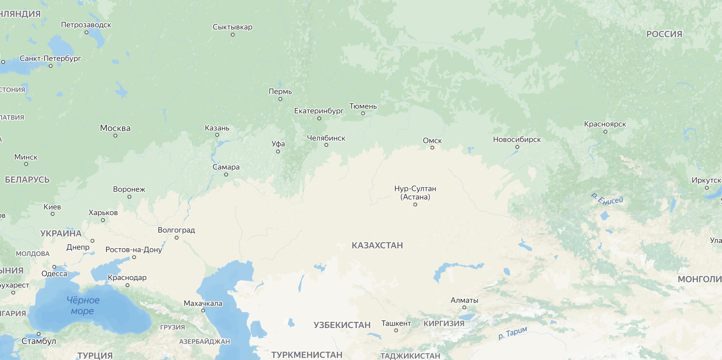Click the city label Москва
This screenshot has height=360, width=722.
(115, 128)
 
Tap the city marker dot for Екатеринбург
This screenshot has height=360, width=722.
(319, 118)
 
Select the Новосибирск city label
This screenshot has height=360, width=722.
(517, 139)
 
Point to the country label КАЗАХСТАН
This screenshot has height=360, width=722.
(377, 245)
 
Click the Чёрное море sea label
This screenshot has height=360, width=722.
(83, 305)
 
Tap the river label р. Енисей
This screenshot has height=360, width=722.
(607, 199)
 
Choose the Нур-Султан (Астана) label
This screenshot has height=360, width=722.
(415, 192)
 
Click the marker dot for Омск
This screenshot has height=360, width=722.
(432, 148)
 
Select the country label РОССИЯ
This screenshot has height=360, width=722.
(664, 34)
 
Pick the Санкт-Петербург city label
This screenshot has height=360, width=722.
(50, 58)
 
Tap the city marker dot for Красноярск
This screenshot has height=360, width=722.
(605, 132)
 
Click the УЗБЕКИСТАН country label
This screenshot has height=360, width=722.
(342, 325)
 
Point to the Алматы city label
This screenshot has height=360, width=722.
(464, 300)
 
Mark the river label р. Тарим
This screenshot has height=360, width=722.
(513, 333)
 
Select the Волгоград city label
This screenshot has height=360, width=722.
(176, 230)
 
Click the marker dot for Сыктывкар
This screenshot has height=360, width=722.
(233, 35)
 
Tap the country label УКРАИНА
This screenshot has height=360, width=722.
(61, 234)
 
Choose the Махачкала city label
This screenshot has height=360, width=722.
(203, 304)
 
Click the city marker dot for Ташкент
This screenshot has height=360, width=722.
(396, 330)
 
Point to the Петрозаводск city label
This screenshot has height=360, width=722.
(86, 25)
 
